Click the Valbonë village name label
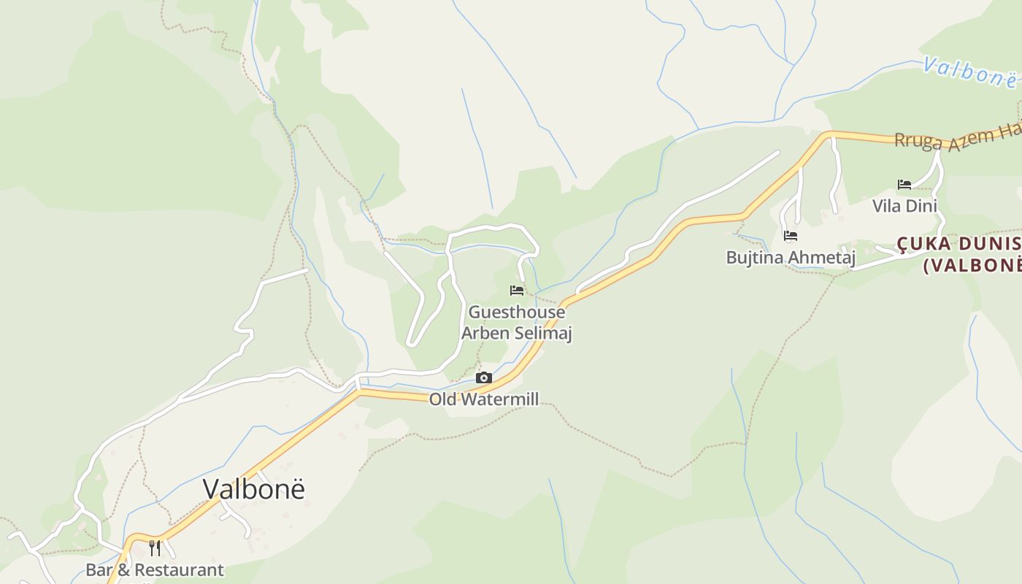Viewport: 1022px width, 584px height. [253, 489]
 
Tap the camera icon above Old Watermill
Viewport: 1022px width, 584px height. [483, 377]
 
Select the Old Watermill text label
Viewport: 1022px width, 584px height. [483, 399]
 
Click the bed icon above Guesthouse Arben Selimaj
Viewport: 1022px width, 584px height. [517, 291]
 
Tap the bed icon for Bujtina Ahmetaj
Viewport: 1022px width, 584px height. [790, 236]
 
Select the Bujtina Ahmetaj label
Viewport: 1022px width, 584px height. [791, 257]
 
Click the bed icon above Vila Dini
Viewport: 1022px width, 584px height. [904, 184]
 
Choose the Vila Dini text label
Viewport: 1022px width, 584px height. [904, 205]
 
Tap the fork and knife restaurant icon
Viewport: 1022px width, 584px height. [155, 547]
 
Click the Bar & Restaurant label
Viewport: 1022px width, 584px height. [155, 569]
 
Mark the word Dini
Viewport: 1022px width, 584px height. [921, 205]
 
